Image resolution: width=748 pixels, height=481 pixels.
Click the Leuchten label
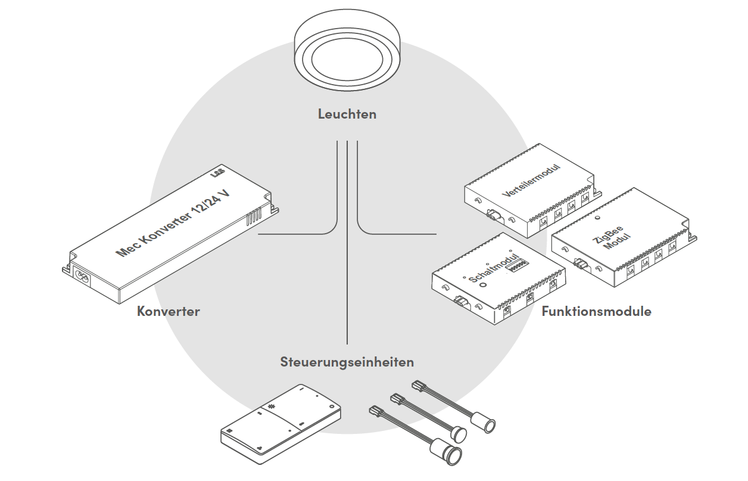pyautogui.click(x=347, y=114)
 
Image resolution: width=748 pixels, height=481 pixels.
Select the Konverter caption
pyautogui.click(x=168, y=311)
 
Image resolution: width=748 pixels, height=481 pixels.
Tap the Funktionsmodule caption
pyautogui.click(x=596, y=311)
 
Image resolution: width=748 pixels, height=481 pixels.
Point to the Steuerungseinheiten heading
pyautogui.click(x=347, y=362)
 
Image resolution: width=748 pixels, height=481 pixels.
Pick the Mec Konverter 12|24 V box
pyautogui.click(x=173, y=238)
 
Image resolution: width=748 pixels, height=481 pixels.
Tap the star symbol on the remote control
pyautogui.click(x=273, y=406)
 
